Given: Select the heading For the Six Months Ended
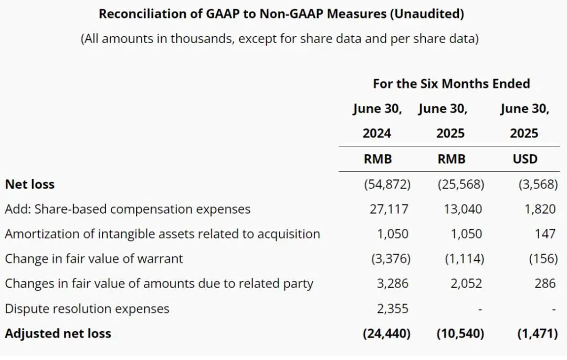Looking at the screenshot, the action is pyautogui.click(x=451, y=83).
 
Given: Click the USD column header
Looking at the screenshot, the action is pyautogui.click(x=525, y=159).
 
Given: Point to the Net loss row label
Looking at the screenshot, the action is pyautogui.click(x=29, y=184).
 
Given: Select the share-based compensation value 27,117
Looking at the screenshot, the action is pyautogui.click(x=388, y=209).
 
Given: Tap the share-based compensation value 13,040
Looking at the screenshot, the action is pyautogui.click(x=463, y=209).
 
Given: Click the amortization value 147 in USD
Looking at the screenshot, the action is pyautogui.click(x=545, y=234).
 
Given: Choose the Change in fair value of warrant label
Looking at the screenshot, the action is pyautogui.click(x=94, y=259).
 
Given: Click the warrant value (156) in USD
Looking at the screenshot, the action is pyautogui.click(x=543, y=259).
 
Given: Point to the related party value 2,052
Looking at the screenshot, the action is pyautogui.click(x=466, y=283).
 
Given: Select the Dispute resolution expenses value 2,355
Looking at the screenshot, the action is pyautogui.click(x=392, y=309).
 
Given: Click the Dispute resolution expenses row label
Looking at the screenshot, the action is pyautogui.click(x=87, y=309).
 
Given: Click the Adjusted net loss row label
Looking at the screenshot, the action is pyautogui.click(x=58, y=334).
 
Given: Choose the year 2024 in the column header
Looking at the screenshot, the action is pyautogui.click(x=377, y=133).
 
